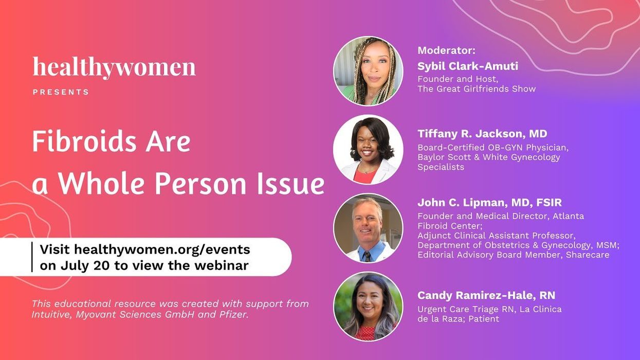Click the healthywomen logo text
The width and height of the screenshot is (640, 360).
(x=114, y=68)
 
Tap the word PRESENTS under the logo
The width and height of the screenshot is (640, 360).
(x=61, y=92)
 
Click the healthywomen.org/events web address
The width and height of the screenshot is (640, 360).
(x=162, y=250)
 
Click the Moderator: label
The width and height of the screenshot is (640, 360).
(x=446, y=50)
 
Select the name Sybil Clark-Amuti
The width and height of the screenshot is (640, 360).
(x=468, y=66)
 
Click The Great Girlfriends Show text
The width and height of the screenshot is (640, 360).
(x=477, y=89)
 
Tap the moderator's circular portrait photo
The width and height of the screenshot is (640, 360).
(x=368, y=71)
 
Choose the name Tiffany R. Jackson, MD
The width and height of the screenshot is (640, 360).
(x=482, y=134)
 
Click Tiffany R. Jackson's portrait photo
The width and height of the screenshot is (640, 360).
(x=368, y=150)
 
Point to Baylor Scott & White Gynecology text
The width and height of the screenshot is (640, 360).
(x=488, y=157)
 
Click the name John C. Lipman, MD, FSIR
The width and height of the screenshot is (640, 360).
(x=489, y=203)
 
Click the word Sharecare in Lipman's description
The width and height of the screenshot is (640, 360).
(x=588, y=255)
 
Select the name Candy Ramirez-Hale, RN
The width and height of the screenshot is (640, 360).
(x=486, y=296)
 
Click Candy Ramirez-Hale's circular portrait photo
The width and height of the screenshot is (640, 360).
(x=368, y=307)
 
